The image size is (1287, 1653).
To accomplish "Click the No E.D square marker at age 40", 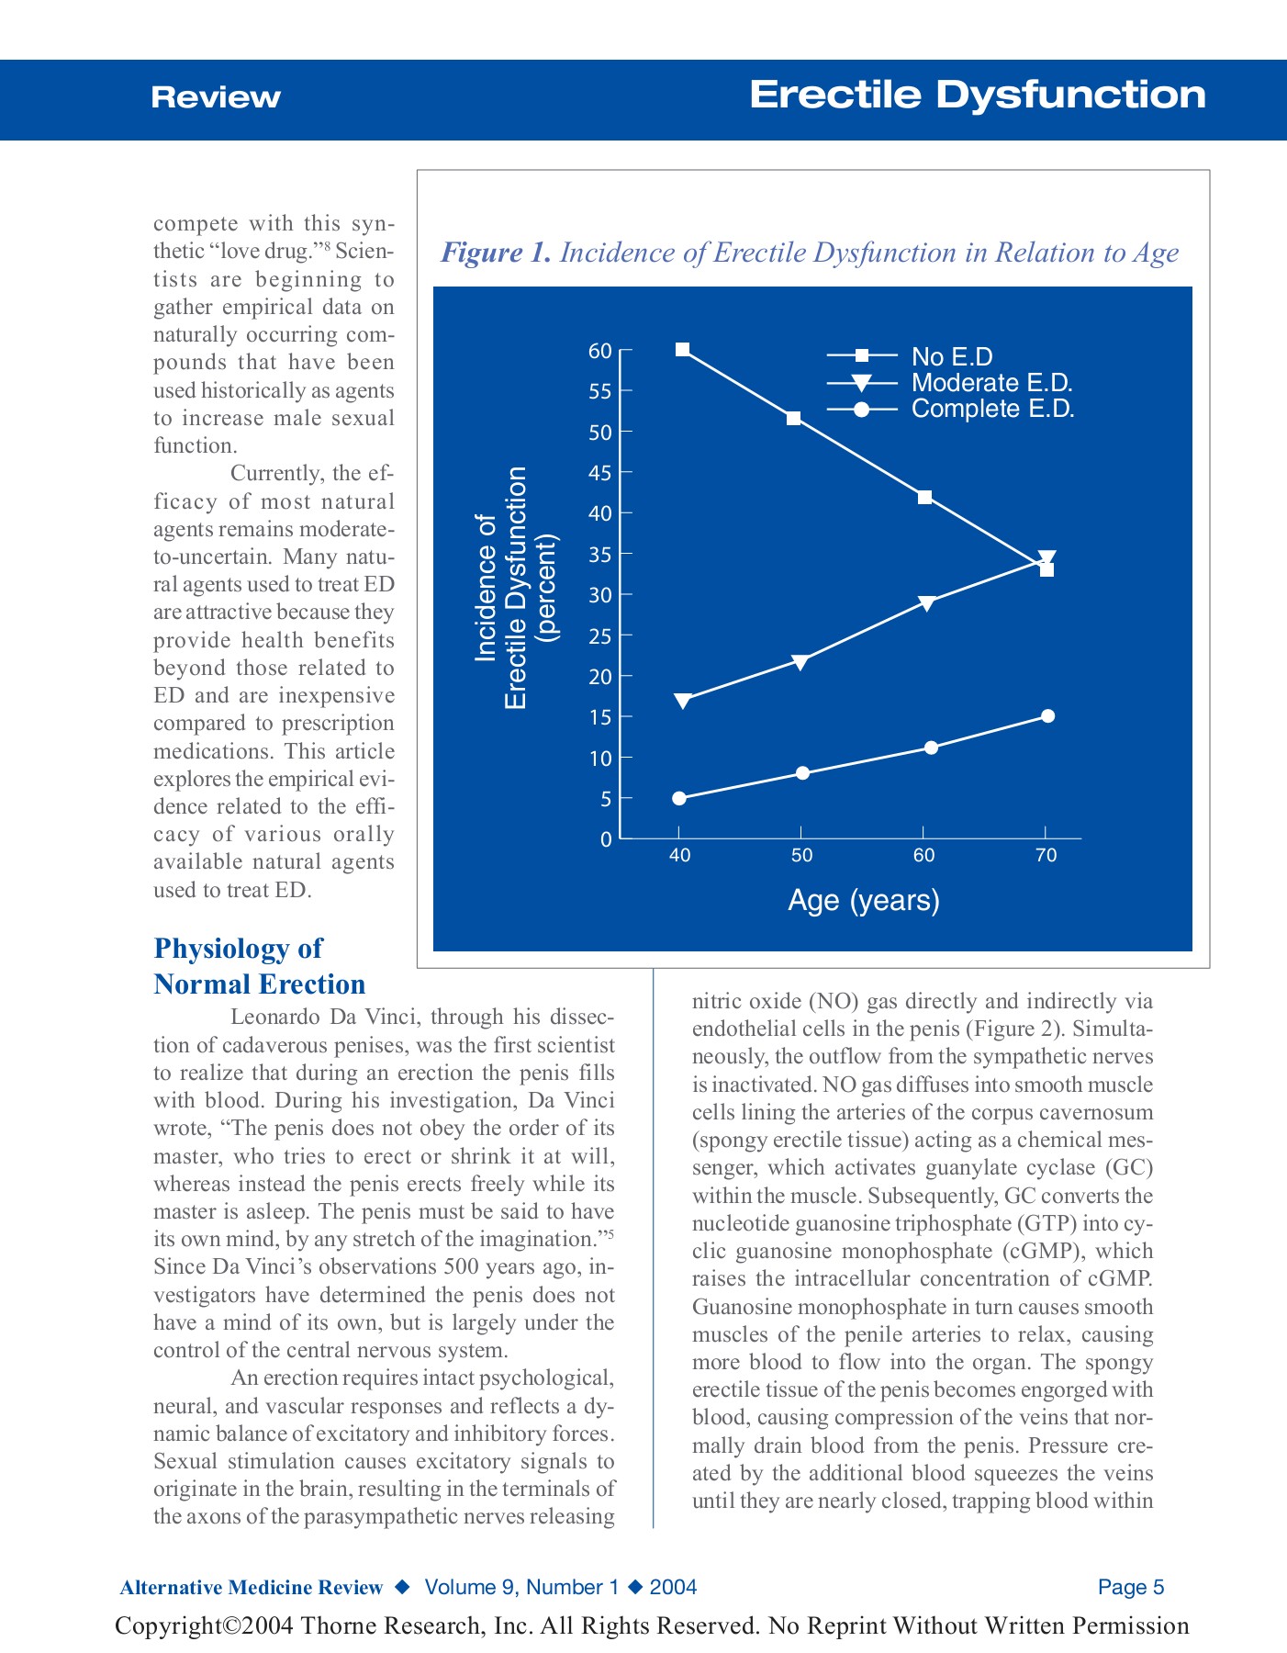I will coord(682,349).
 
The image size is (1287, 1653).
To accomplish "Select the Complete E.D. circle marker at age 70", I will coord(1048,716).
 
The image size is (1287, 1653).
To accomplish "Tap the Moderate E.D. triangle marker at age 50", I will coord(800,662).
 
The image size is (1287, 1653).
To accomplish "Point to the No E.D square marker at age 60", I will coord(925,497).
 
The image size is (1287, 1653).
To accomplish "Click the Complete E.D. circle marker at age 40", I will coord(679,798).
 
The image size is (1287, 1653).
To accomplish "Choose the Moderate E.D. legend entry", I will coord(991,383).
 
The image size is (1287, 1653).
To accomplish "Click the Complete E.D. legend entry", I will coord(992,409).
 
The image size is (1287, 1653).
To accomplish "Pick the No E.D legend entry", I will coord(952,356).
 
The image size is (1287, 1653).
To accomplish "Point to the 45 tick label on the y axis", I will coord(599,473).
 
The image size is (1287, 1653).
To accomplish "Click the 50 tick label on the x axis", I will coord(801,856).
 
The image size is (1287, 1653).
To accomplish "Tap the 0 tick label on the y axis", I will coord(606,839).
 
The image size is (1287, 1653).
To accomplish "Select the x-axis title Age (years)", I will coord(864,900).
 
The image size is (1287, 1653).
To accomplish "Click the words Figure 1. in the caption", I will coord(496,253).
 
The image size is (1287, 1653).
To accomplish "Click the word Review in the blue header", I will coord(216,97).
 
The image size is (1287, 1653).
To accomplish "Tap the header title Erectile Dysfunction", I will coord(977,96).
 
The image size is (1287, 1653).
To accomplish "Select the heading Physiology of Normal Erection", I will coord(260,966).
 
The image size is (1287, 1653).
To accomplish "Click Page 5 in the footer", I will coord(1130,1588).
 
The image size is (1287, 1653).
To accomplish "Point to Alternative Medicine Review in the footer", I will coord(251,1588).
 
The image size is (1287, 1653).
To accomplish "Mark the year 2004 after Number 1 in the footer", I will coord(673,1588).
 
